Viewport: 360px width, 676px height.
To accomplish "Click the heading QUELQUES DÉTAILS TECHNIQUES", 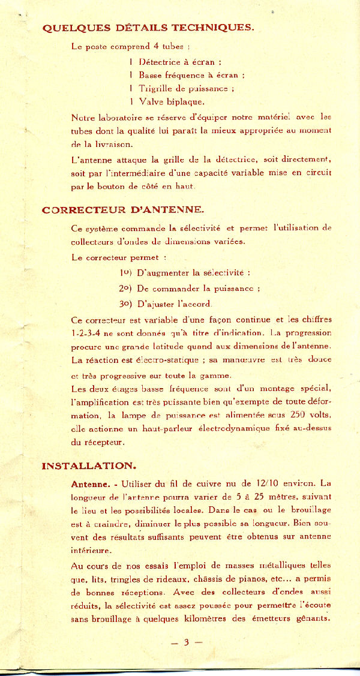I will coord(148,28).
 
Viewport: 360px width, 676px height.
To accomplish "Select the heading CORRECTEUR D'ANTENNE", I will coord(123,209).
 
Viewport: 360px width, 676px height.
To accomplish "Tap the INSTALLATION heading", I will coord(89,465).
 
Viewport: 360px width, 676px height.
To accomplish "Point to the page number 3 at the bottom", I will coord(186,642).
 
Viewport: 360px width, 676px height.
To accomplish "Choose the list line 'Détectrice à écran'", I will coord(175,61).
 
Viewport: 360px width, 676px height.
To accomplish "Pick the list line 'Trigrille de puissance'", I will coord(181,88).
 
